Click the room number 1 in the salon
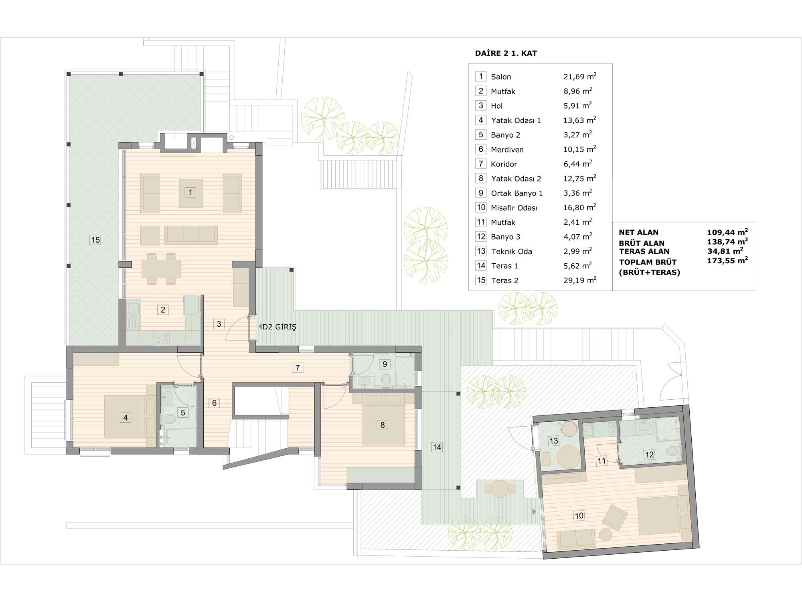coord(190,192)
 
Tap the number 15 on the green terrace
coord(95,240)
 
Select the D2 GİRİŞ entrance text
coord(279,327)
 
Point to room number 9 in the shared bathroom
coord(385,364)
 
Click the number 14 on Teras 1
coord(437,447)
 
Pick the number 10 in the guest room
coord(579,516)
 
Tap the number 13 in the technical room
coord(554,441)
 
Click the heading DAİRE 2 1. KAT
coord(506,53)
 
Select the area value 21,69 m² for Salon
coord(580,76)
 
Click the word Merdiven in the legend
coord(507,150)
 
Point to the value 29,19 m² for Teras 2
coord(580,280)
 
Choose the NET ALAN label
coord(639,232)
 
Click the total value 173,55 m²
coord(727,260)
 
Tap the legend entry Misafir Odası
coord(514,208)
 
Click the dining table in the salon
coord(161,269)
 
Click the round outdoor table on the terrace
coord(500,489)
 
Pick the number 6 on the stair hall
coord(215,403)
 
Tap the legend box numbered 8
coord(481,178)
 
